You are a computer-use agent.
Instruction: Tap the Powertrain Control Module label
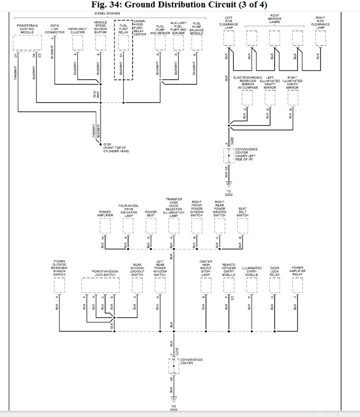pos(26,29)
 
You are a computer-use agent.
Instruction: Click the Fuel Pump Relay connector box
pos(123,43)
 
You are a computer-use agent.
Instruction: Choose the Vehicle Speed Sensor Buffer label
pos(101,27)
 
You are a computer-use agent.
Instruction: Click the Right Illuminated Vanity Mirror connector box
pos(292,98)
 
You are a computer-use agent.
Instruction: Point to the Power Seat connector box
pos(151,226)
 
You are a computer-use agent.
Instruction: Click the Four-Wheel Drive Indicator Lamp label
pos(127,210)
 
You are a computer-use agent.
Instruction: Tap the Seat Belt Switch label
pos(242,212)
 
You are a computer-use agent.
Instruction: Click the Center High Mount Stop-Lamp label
pos(206,268)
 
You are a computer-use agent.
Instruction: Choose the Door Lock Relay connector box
pos(274,285)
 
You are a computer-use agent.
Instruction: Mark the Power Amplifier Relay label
pos(297,271)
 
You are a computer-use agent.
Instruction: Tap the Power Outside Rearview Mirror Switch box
pos(59,285)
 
